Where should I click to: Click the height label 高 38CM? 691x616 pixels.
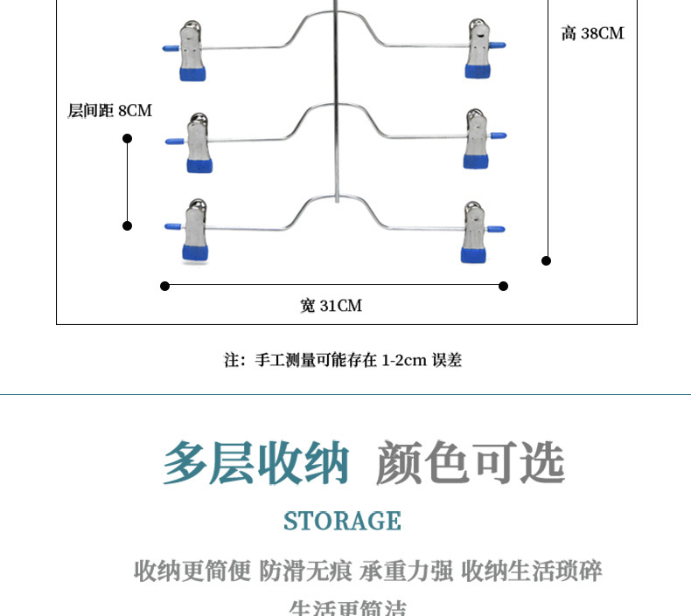click(592, 34)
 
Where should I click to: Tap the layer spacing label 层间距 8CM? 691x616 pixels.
click(109, 111)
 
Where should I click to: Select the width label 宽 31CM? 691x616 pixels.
click(331, 306)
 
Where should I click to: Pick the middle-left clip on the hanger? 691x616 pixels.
click(198, 142)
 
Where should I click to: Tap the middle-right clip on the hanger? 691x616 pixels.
click(477, 140)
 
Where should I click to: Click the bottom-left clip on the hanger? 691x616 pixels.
click(195, 232)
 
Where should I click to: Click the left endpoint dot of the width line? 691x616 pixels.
click(165, 286)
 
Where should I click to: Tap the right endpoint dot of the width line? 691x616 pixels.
click(504, 286)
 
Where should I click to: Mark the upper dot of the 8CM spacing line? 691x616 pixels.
click(127, 138)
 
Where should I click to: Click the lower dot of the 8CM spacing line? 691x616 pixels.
click(127, 225)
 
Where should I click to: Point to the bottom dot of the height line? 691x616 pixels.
click(547, 260)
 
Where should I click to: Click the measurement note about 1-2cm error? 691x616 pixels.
click(343, 360)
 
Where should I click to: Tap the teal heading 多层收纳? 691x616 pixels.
click(256, 463)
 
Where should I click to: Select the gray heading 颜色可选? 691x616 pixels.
click(470, 463)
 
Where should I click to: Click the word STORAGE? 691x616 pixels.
click(342, 522)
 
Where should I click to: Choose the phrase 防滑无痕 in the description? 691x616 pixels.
click(305, 572)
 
